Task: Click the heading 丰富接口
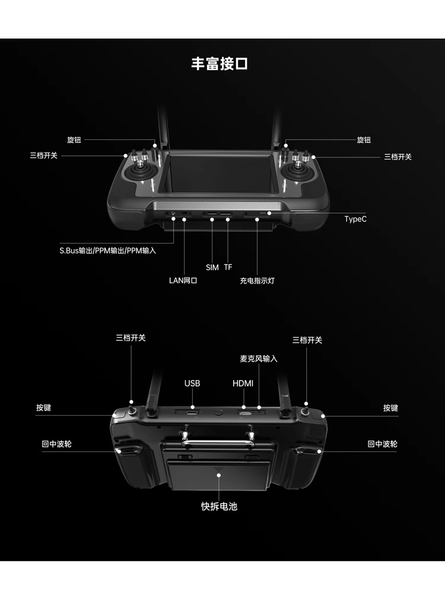[219, 63]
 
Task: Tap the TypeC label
[355, 219]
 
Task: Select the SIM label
[212, 267]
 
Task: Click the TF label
[228, 267]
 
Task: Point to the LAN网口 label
[183, 280]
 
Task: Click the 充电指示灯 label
[258, 280]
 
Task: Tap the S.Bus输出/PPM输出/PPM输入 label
[108, 251]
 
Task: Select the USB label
[192, 384]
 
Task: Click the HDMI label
[243, 384]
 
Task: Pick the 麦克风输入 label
[259, 359]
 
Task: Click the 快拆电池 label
[219, 506]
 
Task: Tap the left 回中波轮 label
[57, 444]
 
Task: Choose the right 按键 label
[390, 408]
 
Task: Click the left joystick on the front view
[141, 173]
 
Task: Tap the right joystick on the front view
[298, 173]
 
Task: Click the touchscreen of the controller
[220, 174]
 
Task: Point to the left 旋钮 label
[74, 140]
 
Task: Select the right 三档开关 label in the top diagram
[398, 157]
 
